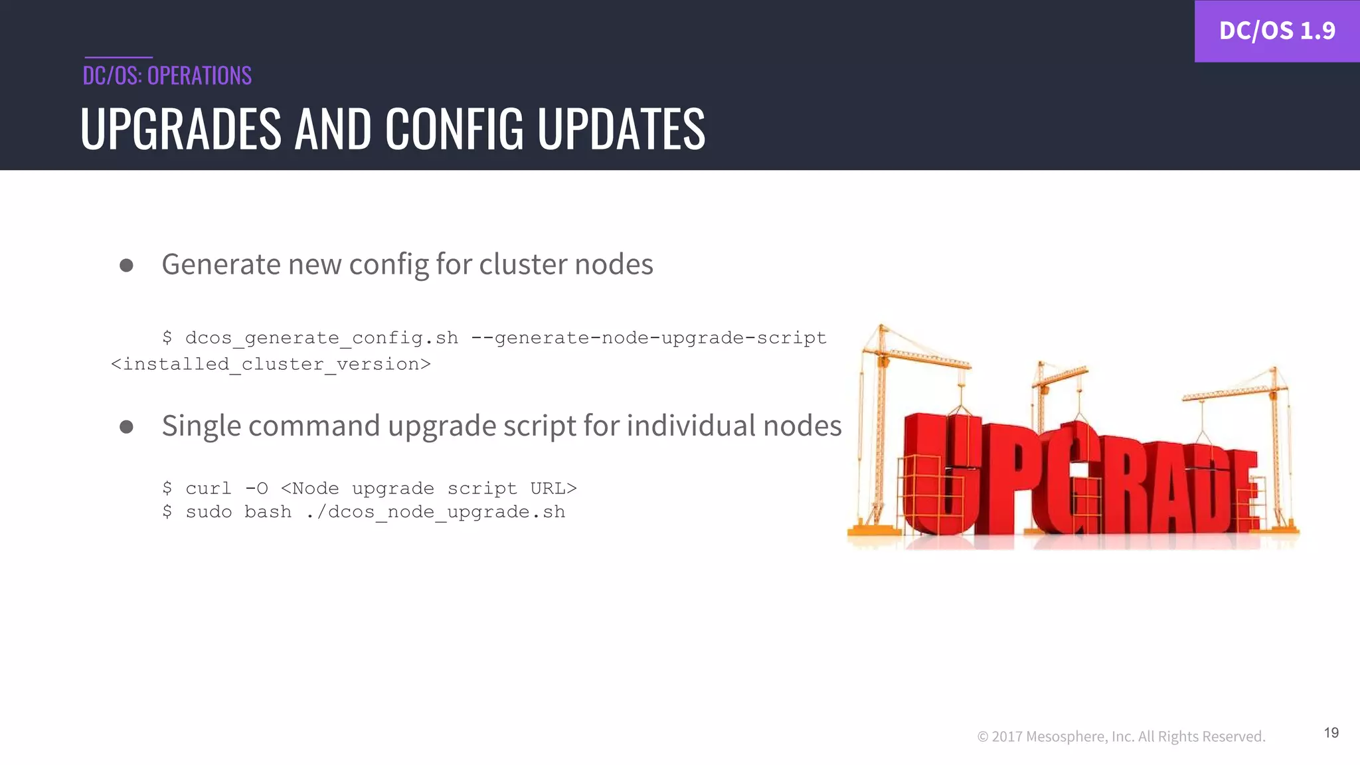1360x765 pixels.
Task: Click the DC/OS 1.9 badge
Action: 1276,31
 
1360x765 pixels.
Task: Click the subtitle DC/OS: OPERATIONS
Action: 167,76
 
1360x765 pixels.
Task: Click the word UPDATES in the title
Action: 621,129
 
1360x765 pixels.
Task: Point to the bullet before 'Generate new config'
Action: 126,266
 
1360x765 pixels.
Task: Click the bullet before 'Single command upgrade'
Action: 126,427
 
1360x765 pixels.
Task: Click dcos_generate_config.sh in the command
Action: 321,338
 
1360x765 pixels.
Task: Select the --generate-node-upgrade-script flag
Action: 648,338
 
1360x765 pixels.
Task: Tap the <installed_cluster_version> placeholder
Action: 271,365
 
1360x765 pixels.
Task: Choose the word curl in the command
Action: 209,489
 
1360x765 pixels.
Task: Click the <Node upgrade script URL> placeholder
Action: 428,489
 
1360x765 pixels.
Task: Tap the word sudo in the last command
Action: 209,512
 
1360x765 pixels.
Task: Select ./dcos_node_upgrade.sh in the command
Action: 436,512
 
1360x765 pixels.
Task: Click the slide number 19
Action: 1331,732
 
